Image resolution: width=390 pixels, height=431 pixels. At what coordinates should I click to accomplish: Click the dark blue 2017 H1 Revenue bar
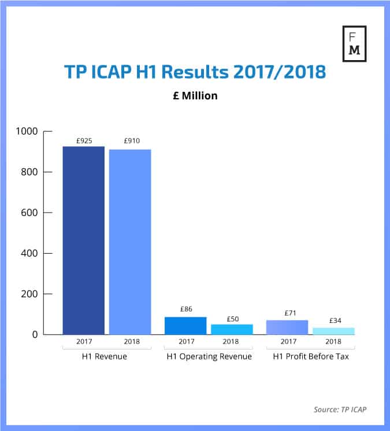point(84,240)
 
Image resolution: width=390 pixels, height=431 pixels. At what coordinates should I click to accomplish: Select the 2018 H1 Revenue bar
point(130,241)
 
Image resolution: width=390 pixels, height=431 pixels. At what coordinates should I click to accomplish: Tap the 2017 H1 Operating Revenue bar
point(185,325)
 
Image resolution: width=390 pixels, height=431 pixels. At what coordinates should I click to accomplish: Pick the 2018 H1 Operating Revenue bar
point(231,329)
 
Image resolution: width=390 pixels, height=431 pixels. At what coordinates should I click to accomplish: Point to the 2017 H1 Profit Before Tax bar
point(287,327)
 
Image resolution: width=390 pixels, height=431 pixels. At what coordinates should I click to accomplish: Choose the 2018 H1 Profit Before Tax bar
point(333,330)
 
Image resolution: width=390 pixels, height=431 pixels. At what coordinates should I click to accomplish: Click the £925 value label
point(84,140)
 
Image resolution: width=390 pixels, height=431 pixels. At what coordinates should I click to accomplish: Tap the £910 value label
point(131,140)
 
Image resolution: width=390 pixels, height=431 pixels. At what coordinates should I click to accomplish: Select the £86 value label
point(185,309)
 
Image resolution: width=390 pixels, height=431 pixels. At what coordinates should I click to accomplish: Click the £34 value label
point(333,320)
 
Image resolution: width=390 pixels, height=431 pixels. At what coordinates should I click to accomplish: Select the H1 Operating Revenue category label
point(209,356)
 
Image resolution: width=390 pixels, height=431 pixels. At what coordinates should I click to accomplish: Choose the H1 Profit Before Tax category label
point(311,356)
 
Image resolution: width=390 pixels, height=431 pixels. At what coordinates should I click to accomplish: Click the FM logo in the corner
point(354,43)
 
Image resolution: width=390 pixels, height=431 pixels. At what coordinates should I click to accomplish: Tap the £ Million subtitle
point(195,96)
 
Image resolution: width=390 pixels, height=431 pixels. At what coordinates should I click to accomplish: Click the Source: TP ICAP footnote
point(340,410)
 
